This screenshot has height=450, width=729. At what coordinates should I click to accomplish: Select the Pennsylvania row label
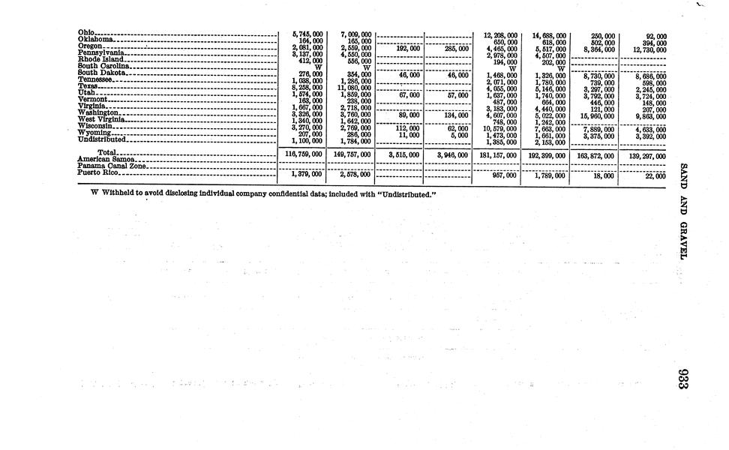click(x=101, y=53)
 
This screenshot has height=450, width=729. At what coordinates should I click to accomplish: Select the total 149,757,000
click(x=351, y=154)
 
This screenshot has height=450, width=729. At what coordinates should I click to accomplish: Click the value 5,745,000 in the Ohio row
click(x=307, y=34)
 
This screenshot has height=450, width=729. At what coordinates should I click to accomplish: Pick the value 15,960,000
click(x=596, y=115)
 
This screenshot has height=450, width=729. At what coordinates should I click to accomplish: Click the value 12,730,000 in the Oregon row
click(x=646, y=49)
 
